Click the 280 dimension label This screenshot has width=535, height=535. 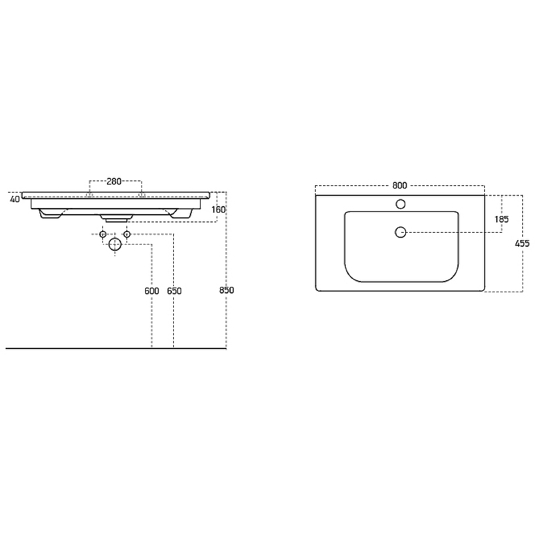coord(114,181)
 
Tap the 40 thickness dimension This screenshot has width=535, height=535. coord(15,199)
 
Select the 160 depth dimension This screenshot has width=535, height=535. coord(219,209)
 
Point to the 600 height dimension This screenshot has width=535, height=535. coord(152,291)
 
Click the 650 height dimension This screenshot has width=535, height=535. coord(174,291)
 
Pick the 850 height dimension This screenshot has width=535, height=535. coord(227,290)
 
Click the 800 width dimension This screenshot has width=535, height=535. coord(399,186)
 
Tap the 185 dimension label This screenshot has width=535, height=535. coord(501,219)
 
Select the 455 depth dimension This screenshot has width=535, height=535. coord(522,243)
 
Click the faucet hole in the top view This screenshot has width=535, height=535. coord(400,204)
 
